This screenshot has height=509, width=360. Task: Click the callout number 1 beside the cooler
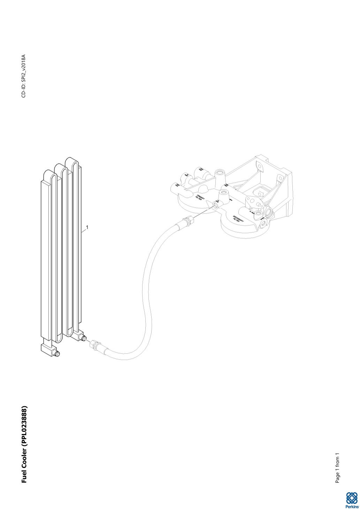tap(87, 227)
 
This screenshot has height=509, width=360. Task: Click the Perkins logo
tap(352, 500)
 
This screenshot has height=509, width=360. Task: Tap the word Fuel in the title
tap(24, 477)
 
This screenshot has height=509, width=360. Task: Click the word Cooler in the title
tap(24, 459)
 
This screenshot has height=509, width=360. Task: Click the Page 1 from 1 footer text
tap(337, 468)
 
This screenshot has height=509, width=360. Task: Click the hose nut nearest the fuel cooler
tap(93, 345)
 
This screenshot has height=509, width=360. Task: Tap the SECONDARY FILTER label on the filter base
tap(239, 219)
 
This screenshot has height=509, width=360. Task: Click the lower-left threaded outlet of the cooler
tap(57, 354)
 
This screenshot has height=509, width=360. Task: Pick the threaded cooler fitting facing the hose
tap(83, 338)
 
